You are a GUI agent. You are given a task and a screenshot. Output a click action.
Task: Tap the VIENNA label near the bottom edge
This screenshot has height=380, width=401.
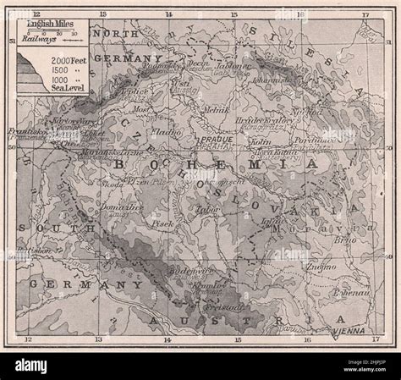pyautogui.click(x=350, y=332)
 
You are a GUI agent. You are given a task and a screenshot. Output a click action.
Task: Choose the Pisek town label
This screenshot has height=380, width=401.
pyautogui.click(x=164, y=223)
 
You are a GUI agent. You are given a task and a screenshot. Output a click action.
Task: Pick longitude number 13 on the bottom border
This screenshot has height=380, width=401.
pyautogui.click(x=98, y=339)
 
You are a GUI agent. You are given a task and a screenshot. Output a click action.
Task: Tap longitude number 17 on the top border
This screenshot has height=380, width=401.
pyautogui.click(x=365, y=14)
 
